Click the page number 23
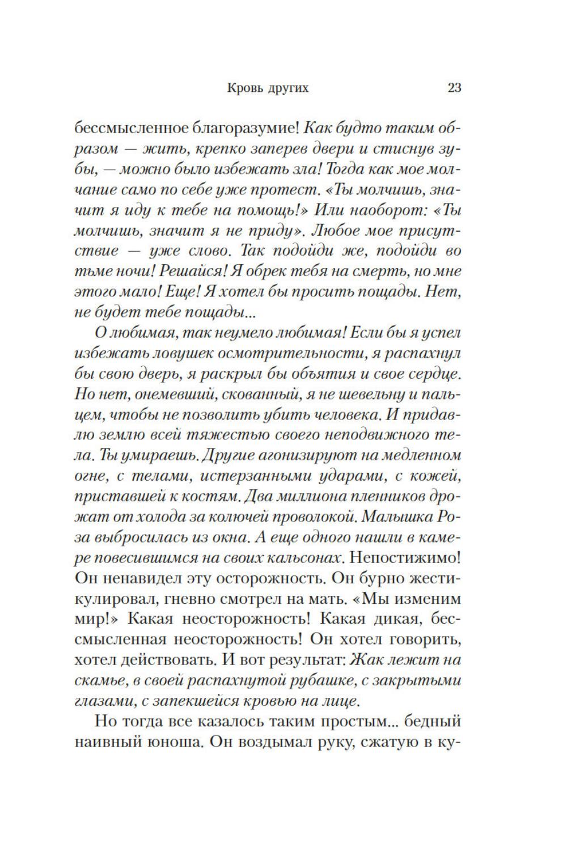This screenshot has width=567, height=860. point(454,88)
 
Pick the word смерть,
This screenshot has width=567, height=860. point(386,271)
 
